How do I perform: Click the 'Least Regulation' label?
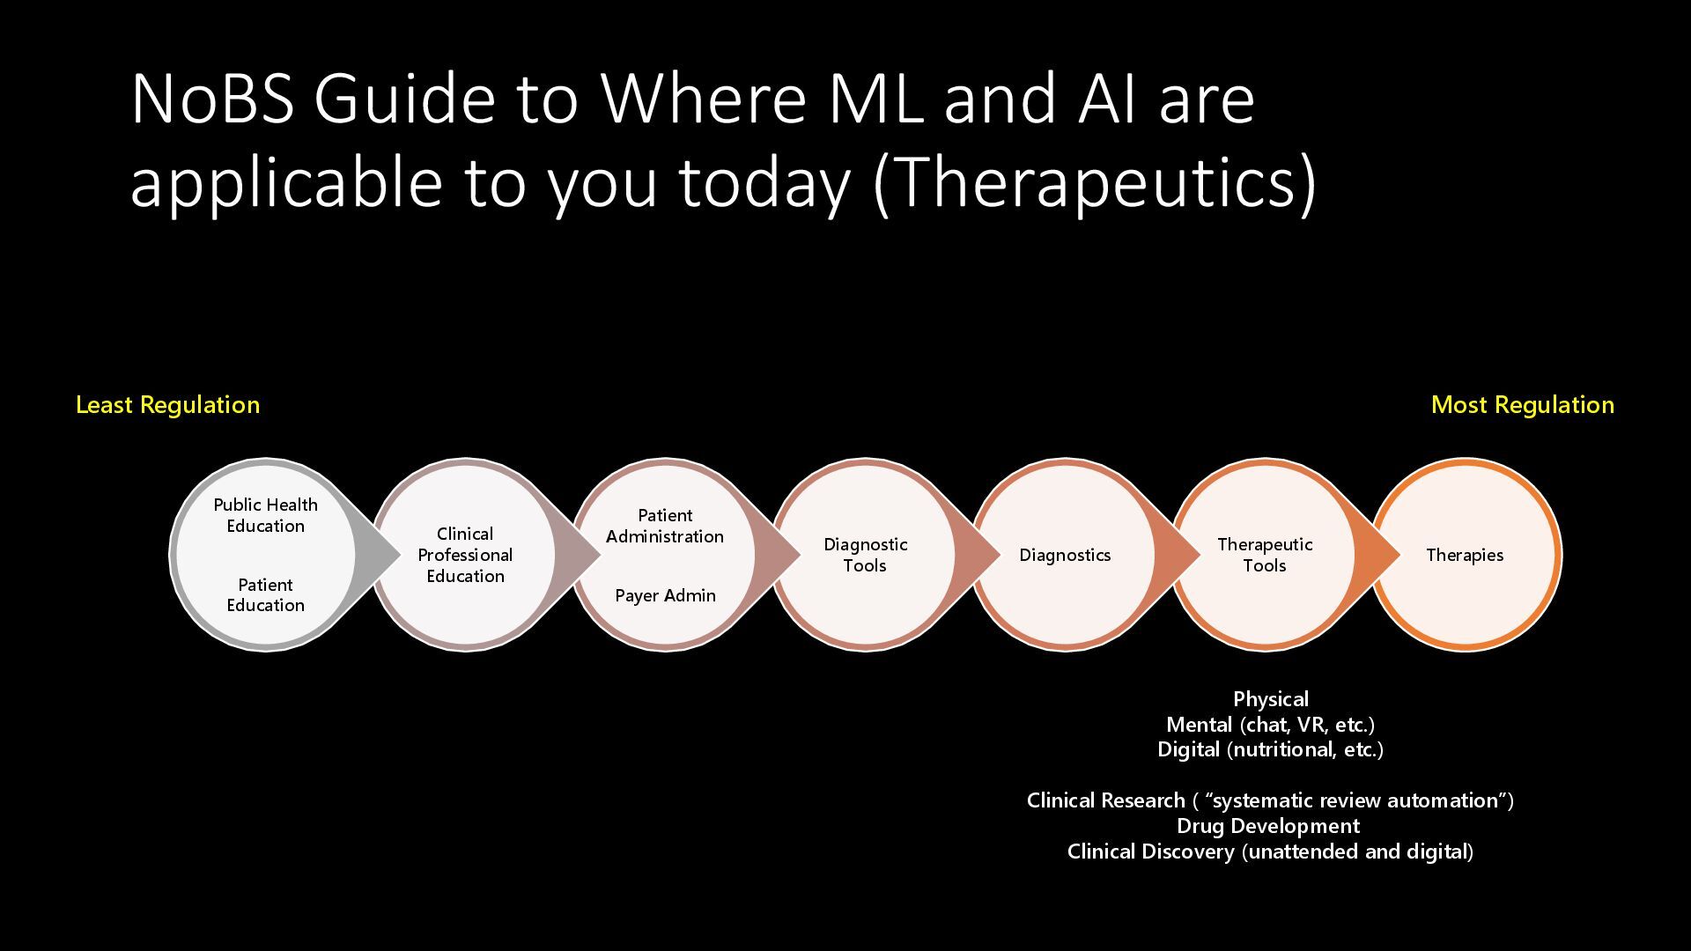tap(167, 405)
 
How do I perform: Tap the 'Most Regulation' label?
tap(1523, 405)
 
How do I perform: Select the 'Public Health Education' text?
tap(265, 515)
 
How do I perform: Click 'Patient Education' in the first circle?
tap(265, 595)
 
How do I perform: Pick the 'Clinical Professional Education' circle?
tap(465, 555)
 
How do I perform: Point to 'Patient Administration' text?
tap(665, 526)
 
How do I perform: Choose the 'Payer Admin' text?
tap(665, 596)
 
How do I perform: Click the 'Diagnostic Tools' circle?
tap(865, 555)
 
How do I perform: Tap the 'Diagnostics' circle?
tap(1065, 555)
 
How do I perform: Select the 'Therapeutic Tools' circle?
tap(1265, 555)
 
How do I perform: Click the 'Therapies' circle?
tap(1465, 555)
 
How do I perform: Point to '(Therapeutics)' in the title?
tap(1095, 183)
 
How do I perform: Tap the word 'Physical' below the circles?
tap(1271, 699)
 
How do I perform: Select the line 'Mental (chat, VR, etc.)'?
tap(1270, 725)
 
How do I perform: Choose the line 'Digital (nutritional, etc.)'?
tap(1270, 749)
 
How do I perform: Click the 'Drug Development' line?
tap(1268, 826)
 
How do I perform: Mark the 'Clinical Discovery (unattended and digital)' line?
tap(1270, 851)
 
